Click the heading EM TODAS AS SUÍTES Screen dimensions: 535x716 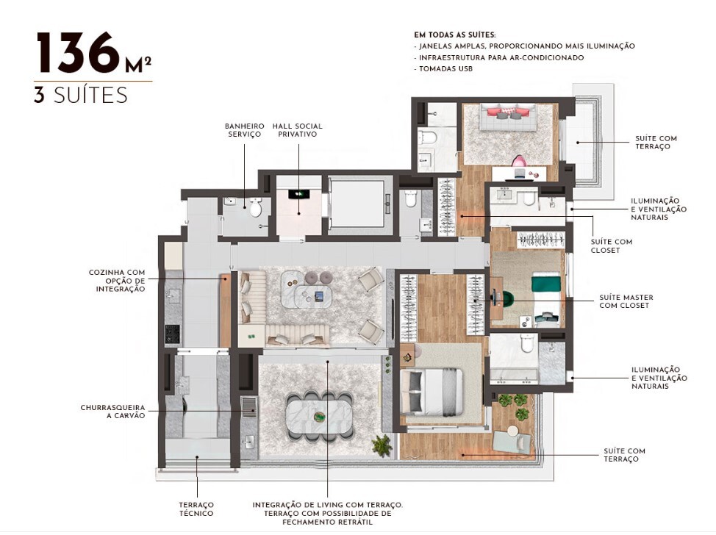455,35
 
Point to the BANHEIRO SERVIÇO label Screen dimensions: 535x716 244,130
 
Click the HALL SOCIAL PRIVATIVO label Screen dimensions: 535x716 297,130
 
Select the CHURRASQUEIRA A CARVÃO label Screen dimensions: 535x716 112,411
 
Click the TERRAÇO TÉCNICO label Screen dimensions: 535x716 196,509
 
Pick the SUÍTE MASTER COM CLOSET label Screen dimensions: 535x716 626,301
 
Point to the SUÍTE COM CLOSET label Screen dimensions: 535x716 611,245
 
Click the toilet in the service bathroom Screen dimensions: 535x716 256,209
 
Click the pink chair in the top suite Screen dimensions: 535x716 520,161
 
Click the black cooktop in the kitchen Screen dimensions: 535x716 173,334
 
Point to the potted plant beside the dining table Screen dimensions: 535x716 382,444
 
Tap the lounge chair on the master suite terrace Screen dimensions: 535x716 510,440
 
